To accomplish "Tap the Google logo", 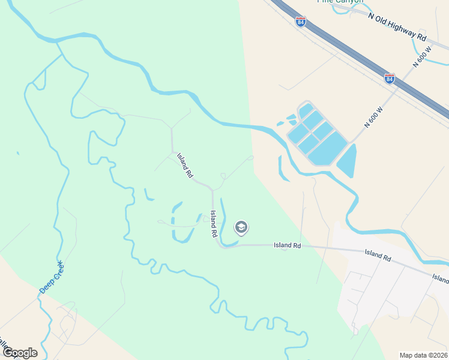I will [19, 353].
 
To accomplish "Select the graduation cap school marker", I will [241, 227].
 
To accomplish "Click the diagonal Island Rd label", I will [185, 166].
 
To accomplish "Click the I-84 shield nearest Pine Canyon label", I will [301, 22].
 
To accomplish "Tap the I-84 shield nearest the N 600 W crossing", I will [390, 79].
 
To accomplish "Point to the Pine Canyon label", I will [340, 2].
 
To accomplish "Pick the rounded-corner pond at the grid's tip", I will [306, 110].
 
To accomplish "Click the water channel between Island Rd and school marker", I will [223, 222].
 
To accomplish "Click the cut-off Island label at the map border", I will [441, 278].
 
